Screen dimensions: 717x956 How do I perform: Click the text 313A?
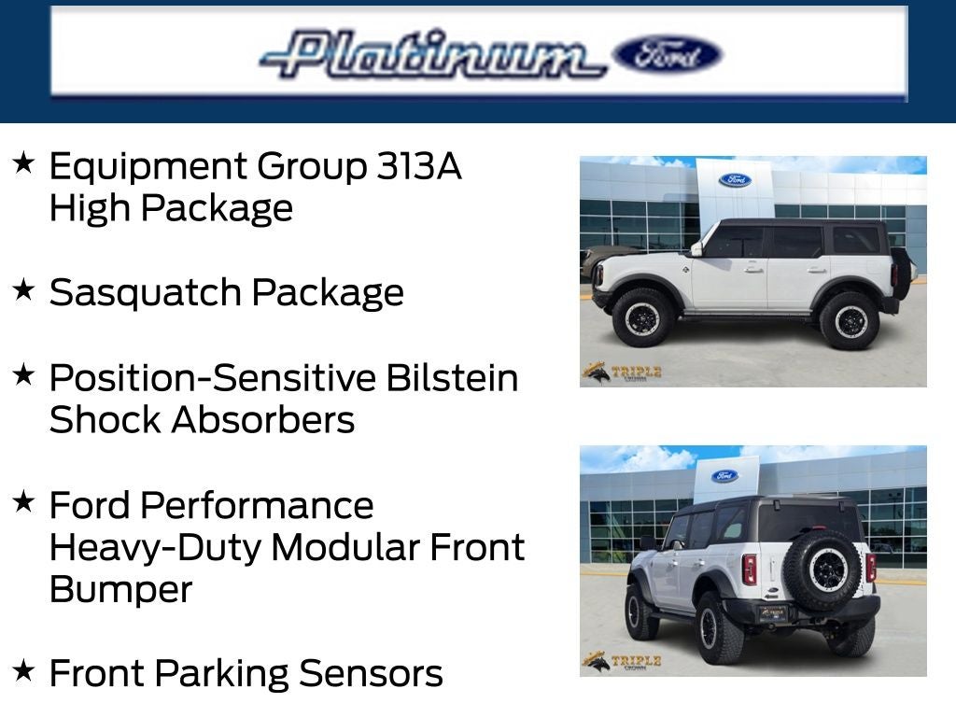[419, 166]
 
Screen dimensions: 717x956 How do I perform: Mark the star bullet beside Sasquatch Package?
[23, 290]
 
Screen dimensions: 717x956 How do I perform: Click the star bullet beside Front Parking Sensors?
[23, 670]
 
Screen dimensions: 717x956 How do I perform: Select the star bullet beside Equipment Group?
[23, 163]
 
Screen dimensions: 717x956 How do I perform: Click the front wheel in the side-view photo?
[643, 317]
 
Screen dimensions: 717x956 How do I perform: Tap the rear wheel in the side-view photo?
[849, 320]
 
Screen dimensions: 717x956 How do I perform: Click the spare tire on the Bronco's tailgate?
[822, 568]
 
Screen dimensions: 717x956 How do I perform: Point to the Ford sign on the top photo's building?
[735, 179]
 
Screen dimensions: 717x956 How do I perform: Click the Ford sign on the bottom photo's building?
[724, 476]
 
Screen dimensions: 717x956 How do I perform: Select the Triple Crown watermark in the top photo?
[622, 373]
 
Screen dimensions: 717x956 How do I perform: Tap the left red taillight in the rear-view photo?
[749, 568]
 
